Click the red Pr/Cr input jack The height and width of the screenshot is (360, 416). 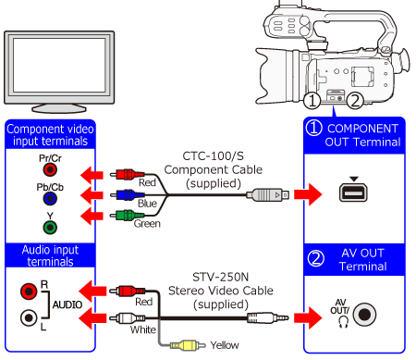click(50, 169)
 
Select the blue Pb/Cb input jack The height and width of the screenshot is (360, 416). click(50, 199)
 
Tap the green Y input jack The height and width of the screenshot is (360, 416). click(50, 228)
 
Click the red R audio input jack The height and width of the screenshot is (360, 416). click(29, 291)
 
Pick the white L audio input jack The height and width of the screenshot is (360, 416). click(29, 317)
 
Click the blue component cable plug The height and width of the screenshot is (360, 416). click(128, 194)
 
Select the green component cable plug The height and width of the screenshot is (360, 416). click(128, 215)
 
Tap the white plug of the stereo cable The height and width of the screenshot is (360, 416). click(128, 317)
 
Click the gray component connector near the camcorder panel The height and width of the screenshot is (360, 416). click(267, 195)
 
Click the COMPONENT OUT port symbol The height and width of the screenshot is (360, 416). click(353, 192)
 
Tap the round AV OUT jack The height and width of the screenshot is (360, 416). click(364, 315)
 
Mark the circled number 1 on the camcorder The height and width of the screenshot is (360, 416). click(312, 101)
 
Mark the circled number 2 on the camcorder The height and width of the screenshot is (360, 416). click(355, 101)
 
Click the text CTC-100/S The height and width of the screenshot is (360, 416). click(214, 156)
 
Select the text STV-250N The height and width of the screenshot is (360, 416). click(221, 277)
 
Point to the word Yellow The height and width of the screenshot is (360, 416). click(225, 345)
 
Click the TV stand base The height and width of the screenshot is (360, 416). click(59, 108)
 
